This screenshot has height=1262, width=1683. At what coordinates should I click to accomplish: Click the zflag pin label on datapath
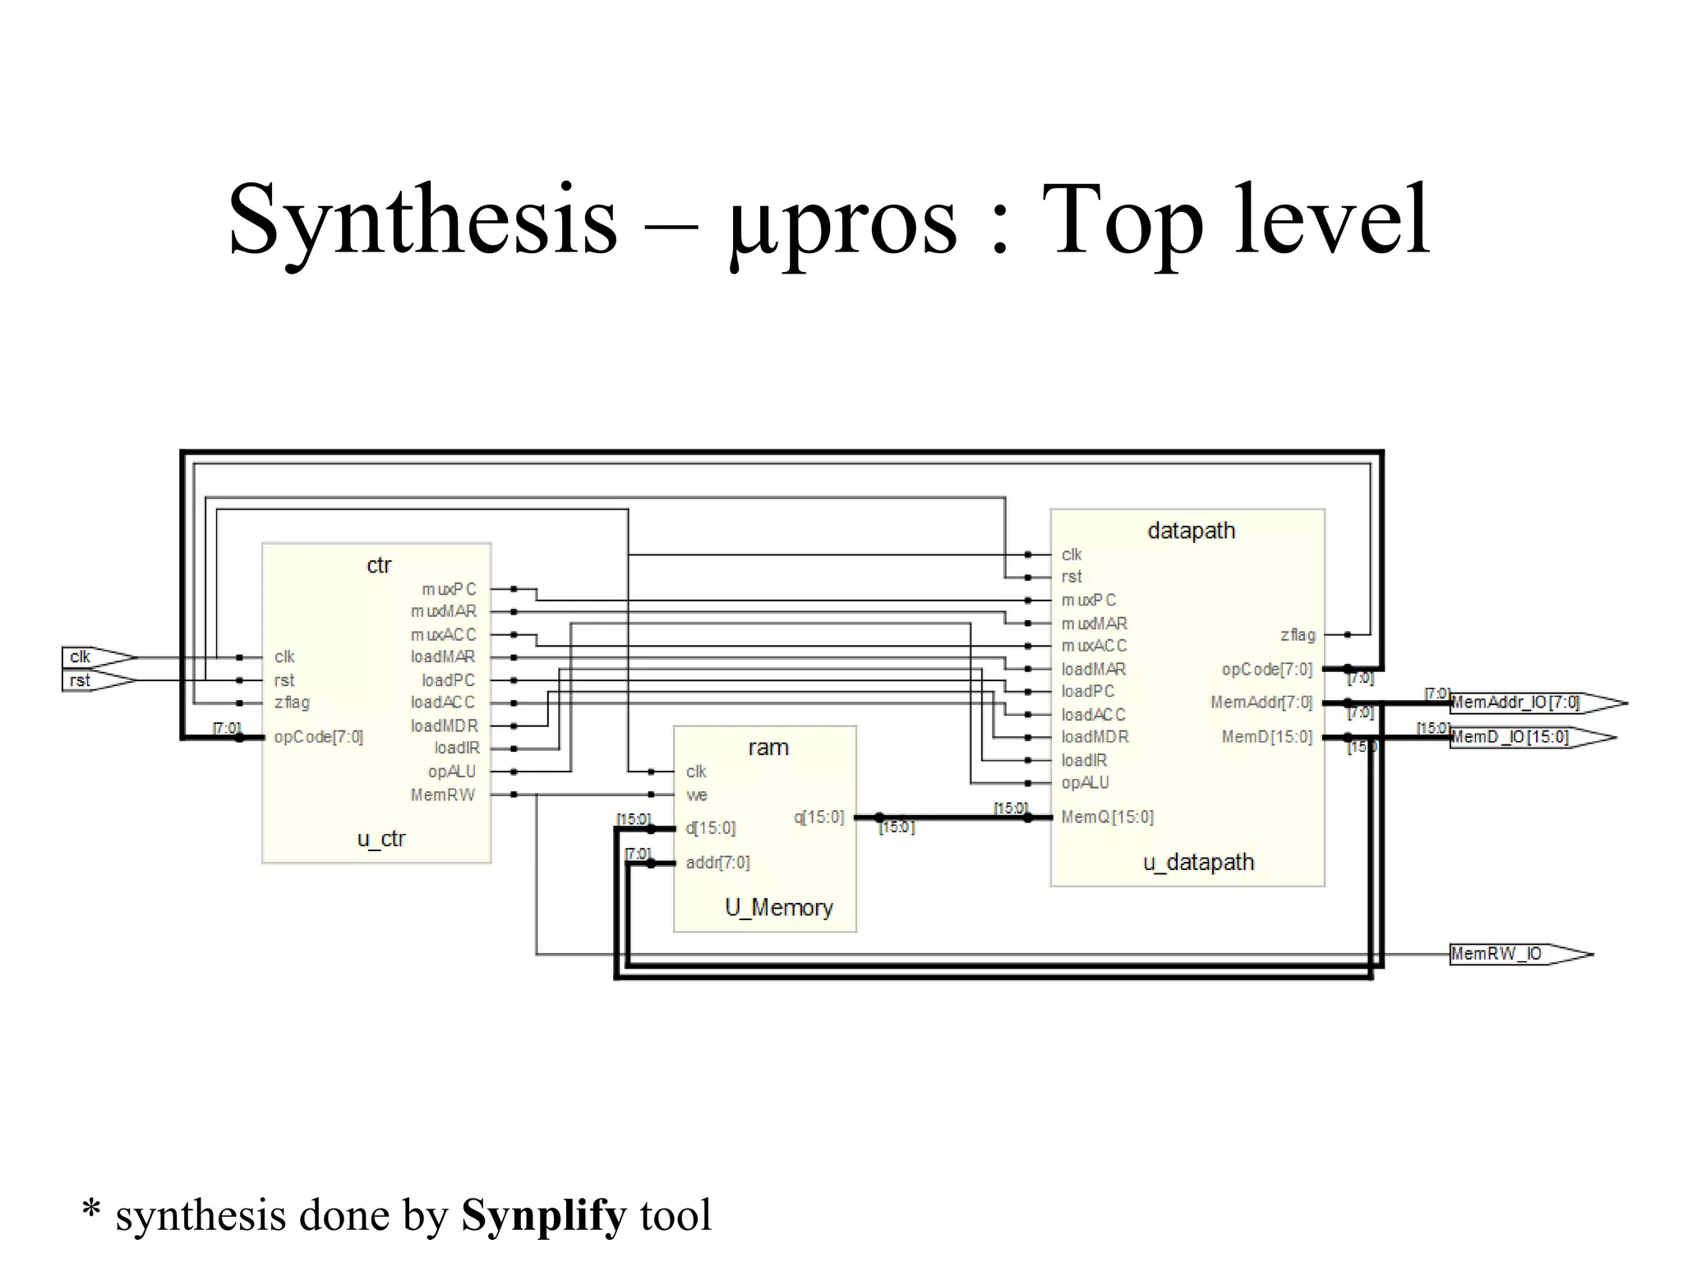(x=1298, y=634)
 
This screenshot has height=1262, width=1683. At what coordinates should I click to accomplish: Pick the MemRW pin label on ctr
(x=443, y=795)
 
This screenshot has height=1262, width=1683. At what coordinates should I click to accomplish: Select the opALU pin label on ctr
(x=451, y=771)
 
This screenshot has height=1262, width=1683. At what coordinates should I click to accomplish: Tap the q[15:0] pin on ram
(x=818, y=817)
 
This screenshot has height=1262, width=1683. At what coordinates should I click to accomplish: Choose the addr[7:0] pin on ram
(x=717, y=863)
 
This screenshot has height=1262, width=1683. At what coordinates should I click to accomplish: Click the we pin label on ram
(x=697, y=795)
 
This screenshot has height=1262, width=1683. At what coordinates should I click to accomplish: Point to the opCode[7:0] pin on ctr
(x=319, y=737)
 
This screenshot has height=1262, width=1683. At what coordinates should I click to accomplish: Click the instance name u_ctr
(x=381, y=839)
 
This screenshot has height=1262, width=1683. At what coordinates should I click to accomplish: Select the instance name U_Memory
(x=778, y=907)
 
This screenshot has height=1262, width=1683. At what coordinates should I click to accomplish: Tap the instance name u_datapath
(x=1198, y=862)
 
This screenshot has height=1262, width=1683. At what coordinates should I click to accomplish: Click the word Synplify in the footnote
(x=544, y=1215)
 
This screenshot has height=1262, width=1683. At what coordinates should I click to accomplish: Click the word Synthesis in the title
(x=422, y=220)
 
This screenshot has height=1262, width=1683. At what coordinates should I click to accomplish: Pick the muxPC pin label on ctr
(x=449, y=589)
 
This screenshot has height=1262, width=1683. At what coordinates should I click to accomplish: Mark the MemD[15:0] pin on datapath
(x=1266, y=737)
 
